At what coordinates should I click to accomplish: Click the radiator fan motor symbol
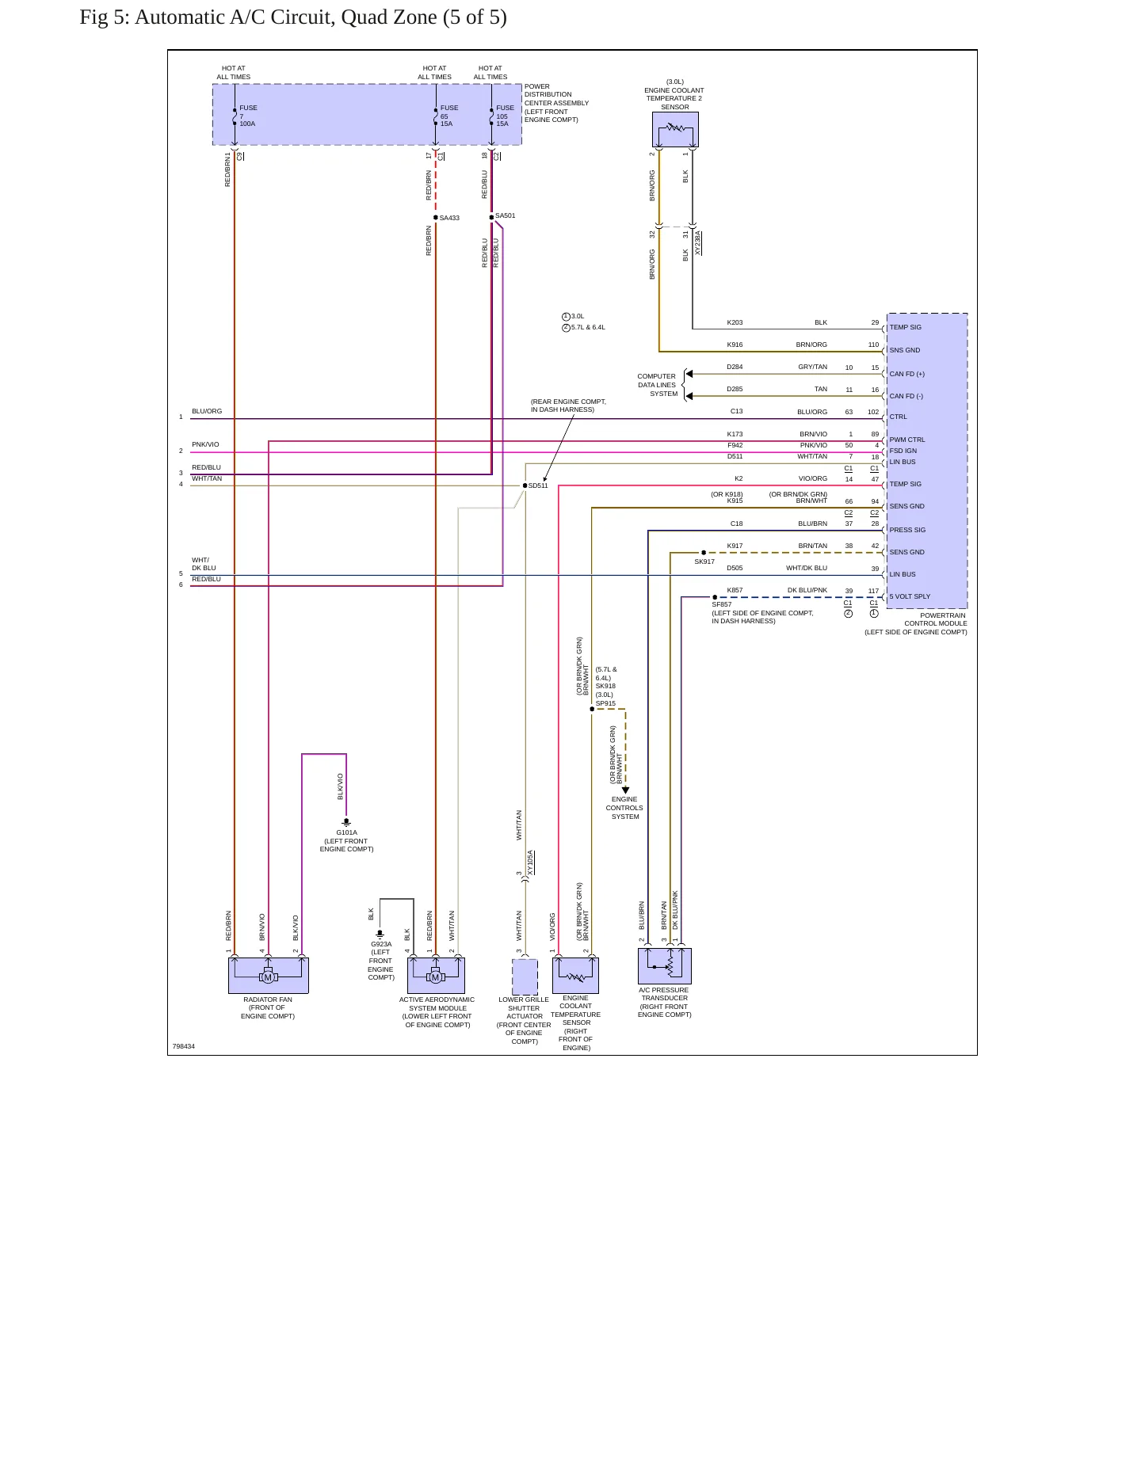coord(268,977)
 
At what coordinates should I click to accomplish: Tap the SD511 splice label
coord(538,485)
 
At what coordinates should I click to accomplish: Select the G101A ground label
coord(346,832)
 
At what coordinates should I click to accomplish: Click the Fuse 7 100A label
coord(248,116)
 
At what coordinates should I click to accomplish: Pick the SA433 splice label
coord(449,218)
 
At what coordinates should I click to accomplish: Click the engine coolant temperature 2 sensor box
coord(675,129)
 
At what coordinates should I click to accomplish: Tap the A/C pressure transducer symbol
coord(665,965)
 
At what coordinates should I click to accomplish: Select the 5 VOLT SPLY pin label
coord(910,596)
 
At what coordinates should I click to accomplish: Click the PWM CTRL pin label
coord(906,440)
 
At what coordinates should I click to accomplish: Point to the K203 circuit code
coord(735,322)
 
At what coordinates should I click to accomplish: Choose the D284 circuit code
coord(735,367)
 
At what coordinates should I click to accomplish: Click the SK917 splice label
coord(704,562)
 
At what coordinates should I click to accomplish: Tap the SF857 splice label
coord(721,604)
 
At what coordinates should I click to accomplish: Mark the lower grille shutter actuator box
coord(525,977)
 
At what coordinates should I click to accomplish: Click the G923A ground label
coord(381,944)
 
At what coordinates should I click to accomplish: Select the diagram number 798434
coord(184,1046)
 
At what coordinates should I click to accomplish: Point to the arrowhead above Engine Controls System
coord(625,790)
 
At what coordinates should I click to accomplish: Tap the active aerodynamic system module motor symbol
coord(435,977)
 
